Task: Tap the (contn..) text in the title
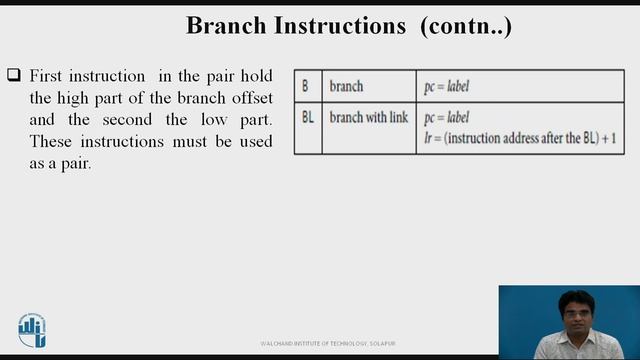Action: (467, 26)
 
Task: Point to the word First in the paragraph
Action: (48, 76)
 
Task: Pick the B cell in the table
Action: (306, 86)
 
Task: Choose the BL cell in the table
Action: (308, 118)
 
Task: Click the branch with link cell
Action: (368, 118)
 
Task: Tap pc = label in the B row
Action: (446, 86)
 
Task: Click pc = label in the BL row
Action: (446, 118)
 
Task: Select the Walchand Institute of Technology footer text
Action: (312, 343)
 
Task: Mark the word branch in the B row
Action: (347, 86)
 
